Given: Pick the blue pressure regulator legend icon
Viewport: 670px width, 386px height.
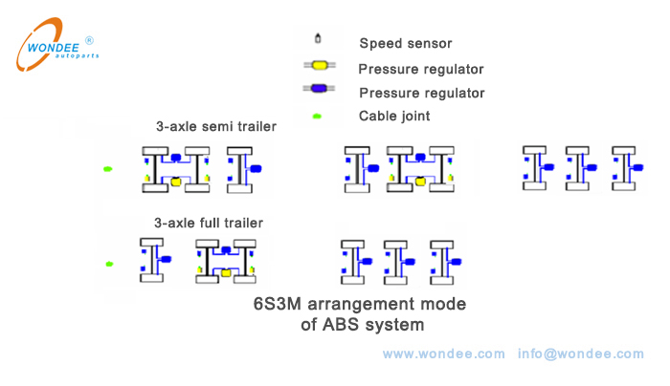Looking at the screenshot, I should coord(317,92).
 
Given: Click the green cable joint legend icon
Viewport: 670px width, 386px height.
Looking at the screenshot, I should coord(317,117).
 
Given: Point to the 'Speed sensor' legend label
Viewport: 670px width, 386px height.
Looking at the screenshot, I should coord(406,43).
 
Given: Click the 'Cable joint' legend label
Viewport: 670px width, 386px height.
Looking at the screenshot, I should coord(394,117).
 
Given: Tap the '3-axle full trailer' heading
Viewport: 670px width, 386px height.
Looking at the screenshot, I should coord(209,223).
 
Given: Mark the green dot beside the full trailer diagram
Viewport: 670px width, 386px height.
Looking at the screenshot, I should coord(109,264).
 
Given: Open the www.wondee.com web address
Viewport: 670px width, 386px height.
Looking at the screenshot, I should coord(443,354).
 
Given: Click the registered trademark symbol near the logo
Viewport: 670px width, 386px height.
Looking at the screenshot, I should coord(89,41).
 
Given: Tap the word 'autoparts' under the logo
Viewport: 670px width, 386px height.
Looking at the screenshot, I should coord(77,56).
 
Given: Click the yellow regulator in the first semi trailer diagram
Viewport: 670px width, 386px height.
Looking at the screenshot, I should coord(175,182).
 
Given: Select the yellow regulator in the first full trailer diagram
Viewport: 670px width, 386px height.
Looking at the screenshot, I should coord(226,273).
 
